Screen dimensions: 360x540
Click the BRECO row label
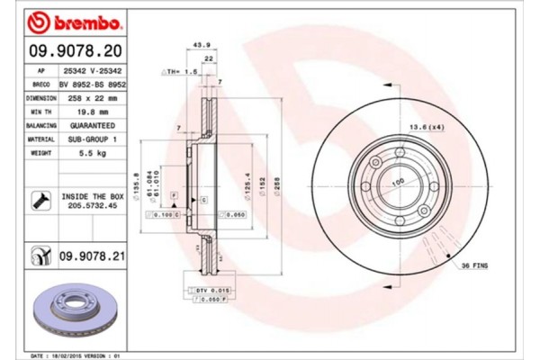pos(40,83)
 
